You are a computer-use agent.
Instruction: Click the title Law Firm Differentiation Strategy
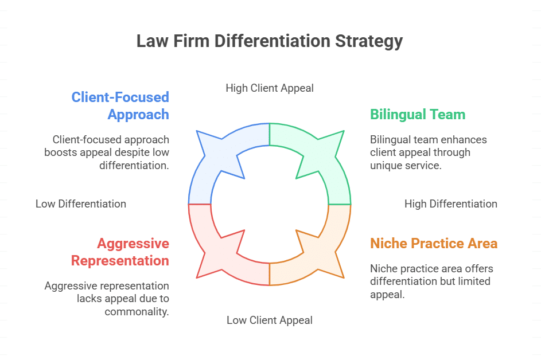(270, 41)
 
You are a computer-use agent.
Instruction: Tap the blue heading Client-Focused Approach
(120, 105)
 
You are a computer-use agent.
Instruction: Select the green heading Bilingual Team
(417, 114)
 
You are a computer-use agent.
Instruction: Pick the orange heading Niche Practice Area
(433, 243)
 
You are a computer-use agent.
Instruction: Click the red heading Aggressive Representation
(120, 252)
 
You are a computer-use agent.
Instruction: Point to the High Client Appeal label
(270, 88)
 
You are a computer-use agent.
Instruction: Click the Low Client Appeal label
(270, 320)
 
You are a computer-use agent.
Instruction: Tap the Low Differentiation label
(81, 204)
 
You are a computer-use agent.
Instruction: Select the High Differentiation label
(450, 204)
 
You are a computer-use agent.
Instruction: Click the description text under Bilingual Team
(428, 152)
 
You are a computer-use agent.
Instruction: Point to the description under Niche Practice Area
(431, 281)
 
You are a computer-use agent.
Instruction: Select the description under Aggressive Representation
(107, 298)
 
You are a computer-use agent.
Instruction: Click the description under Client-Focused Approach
(107, 152)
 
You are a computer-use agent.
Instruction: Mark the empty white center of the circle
(270, 204)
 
